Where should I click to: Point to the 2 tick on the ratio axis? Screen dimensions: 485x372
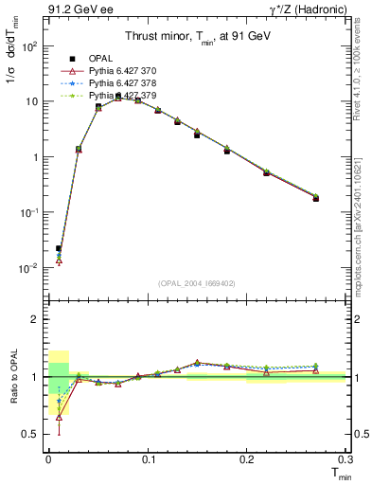(x=35, y=319)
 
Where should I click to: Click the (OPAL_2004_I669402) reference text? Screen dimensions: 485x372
(x=197, y=281)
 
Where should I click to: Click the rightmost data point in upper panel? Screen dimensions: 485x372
(x=316, y=198)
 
